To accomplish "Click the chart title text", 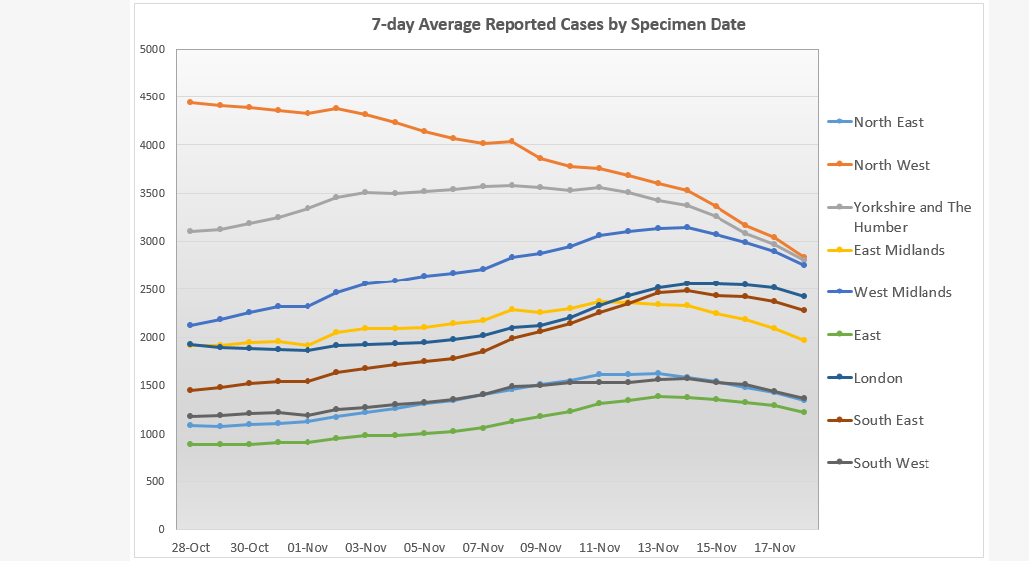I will coord(558,24).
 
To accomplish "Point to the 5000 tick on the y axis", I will coord(151,49).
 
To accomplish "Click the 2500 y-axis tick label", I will coord(151,289).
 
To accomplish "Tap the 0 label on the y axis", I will coord(160,529).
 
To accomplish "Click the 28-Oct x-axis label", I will coord(191,547).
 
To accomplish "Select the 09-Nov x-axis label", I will coord(540,547).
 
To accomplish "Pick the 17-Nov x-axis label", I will coord(774,547).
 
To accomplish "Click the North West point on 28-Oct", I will coord(191,102).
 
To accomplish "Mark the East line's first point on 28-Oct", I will coord(191,444).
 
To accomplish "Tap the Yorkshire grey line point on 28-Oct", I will coord(191,231).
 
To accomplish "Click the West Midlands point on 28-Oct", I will coord(191,325).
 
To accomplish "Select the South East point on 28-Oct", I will coord(191,390).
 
